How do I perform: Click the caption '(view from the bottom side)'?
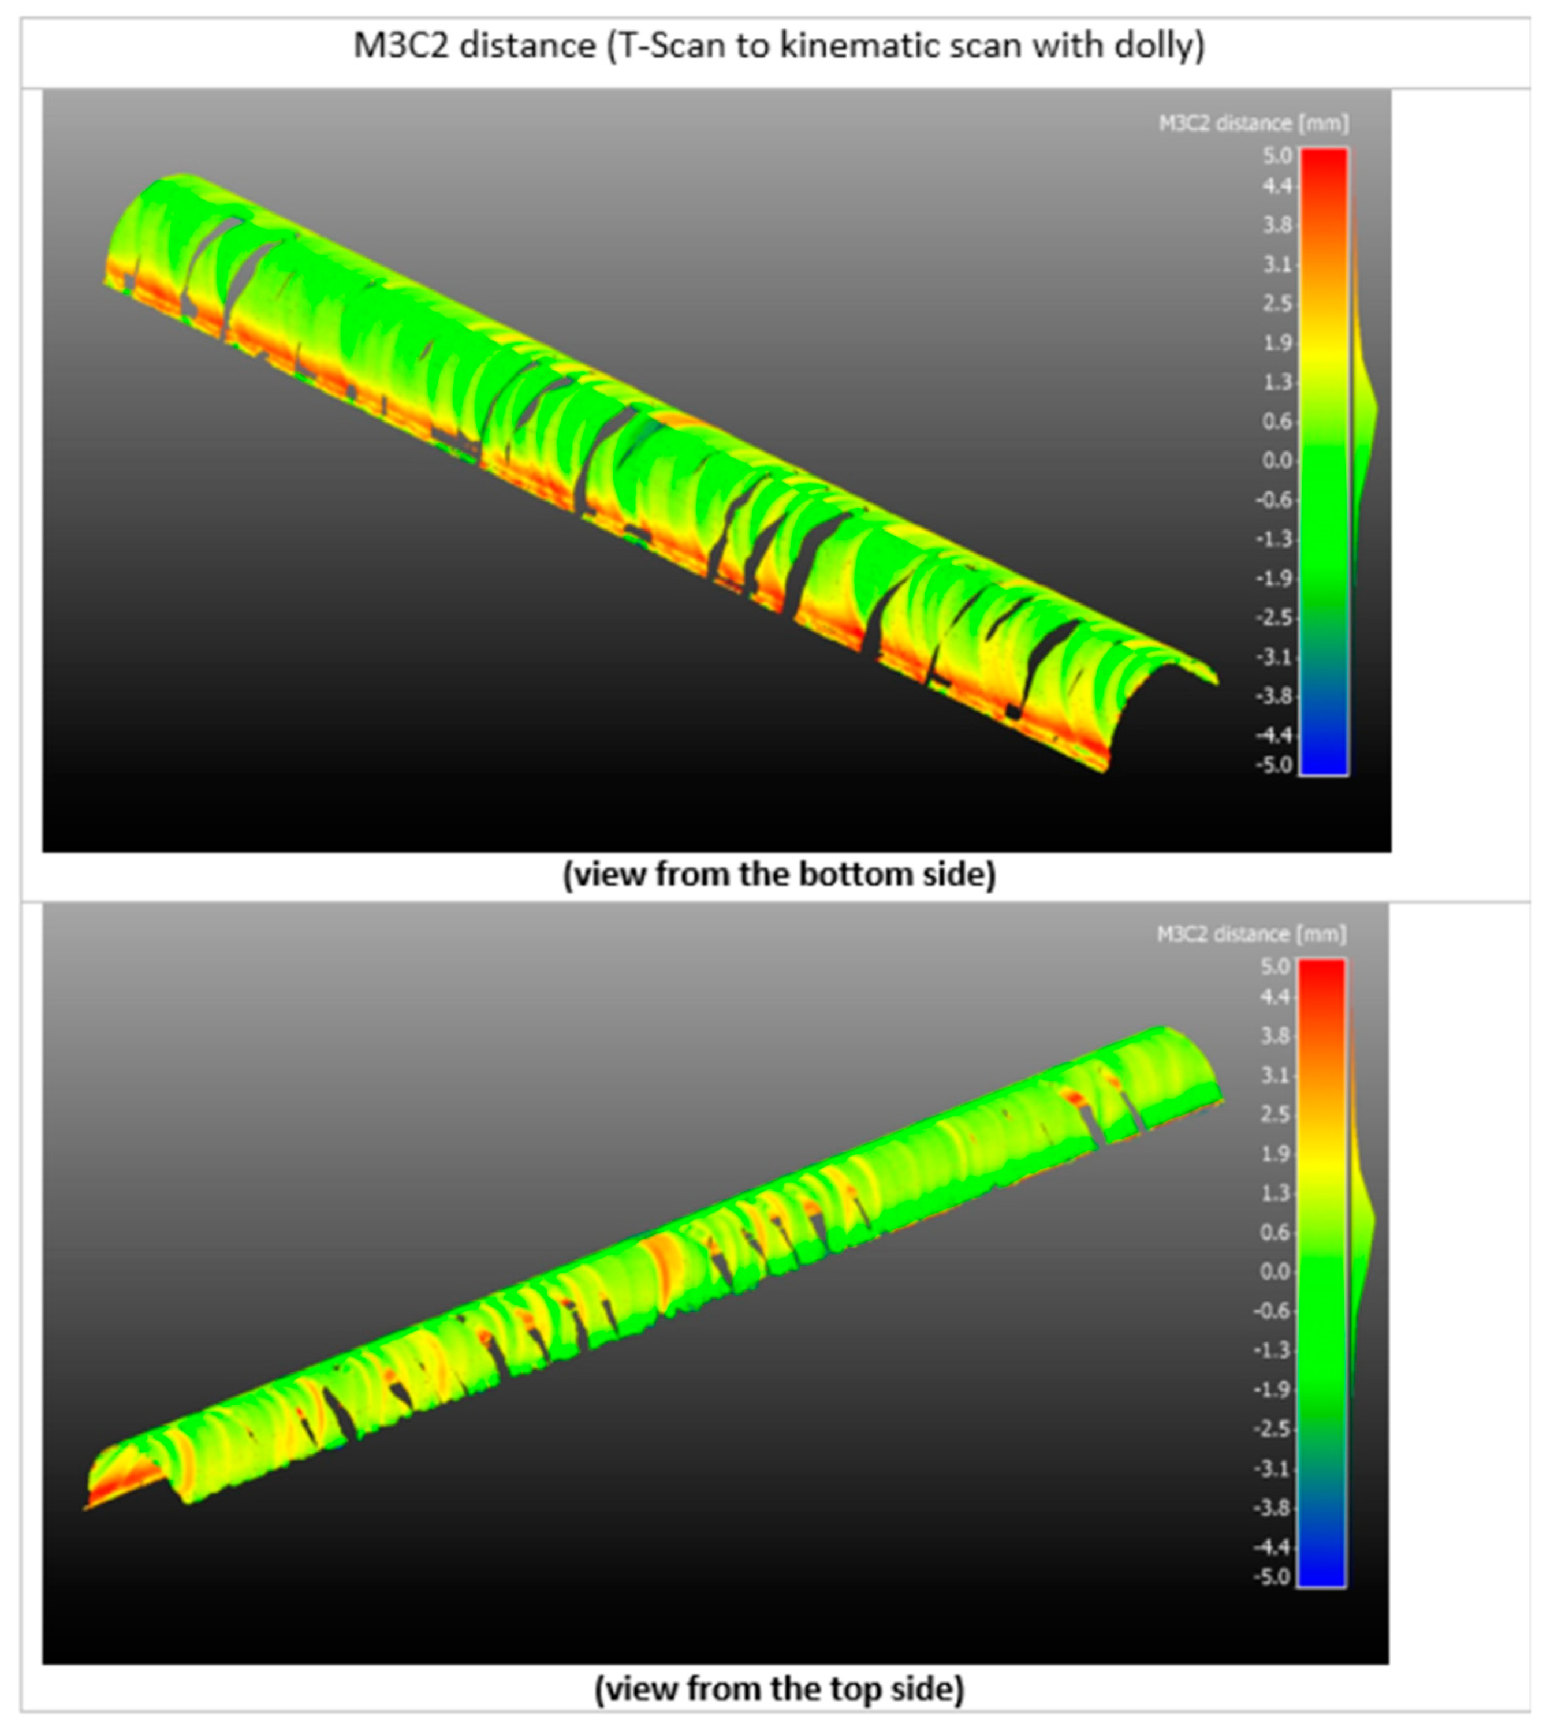pyautogui.click(x=778, y=875)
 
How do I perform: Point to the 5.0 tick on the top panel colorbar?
pyautogui.click(x=1277, y=155)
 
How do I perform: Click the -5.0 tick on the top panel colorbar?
pyautogui.click(x=1273, y=765)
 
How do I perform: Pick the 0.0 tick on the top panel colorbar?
pyautogui.click(x=1277, y=461)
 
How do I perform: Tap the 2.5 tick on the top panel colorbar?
pyautogui.click(x=1277, y=304)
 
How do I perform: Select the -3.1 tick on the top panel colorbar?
pyautogui.click(x=1273, y=657)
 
